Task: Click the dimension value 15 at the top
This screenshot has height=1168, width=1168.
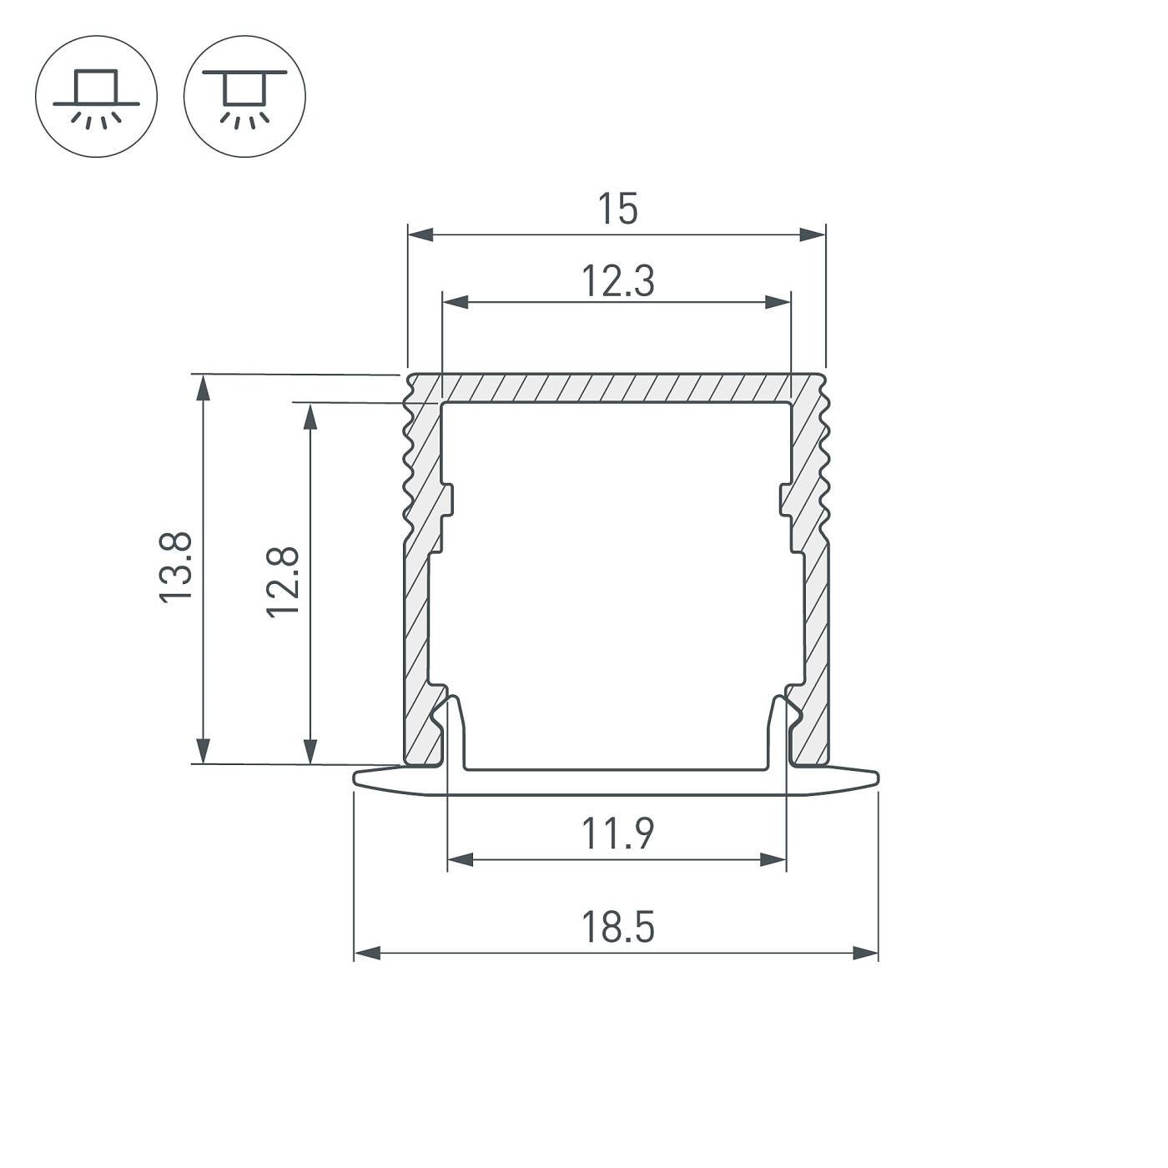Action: (x=617, y=209)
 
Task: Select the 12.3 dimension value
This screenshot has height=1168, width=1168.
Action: (x=617, y=281)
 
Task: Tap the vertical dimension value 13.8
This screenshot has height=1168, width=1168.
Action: (x=177, y=567)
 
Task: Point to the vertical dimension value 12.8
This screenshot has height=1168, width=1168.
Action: (x=284, y=581)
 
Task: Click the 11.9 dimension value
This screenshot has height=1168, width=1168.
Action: (x=617, y=833)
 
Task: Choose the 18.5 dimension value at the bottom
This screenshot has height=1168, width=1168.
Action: (x=617, y=927)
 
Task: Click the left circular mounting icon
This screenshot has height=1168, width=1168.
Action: (x=96, y=96)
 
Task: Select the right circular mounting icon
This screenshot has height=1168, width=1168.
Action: (x=244, y=96)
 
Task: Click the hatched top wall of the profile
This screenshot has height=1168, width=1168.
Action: (x=616, y=388)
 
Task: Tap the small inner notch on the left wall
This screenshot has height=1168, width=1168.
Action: (x=448, y=501)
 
